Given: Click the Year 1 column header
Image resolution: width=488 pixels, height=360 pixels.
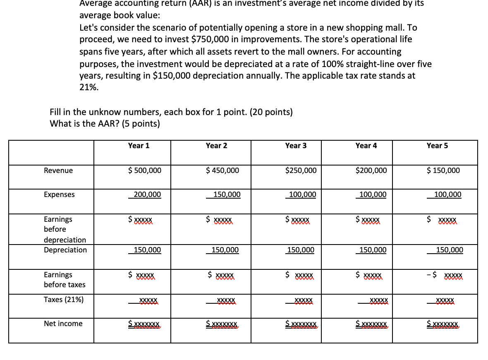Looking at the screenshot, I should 139,146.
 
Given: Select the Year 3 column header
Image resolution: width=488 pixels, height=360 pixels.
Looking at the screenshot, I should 296,146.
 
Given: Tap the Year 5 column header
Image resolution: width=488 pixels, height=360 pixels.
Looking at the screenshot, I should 437,146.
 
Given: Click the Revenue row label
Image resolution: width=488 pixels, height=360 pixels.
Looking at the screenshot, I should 58,170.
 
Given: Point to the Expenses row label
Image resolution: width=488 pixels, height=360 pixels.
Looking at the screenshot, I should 60,194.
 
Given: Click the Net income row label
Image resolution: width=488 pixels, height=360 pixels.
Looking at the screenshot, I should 63,324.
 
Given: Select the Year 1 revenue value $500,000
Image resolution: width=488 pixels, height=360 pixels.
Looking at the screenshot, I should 145,170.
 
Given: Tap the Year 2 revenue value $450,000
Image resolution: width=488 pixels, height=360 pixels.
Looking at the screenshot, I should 222,170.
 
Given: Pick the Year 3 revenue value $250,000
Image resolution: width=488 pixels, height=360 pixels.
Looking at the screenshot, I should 301,170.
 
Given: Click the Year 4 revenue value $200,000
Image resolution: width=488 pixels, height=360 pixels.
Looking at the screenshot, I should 371,170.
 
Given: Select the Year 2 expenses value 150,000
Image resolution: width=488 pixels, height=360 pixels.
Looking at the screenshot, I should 227,194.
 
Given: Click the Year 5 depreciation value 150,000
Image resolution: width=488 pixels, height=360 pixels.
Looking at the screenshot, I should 450,250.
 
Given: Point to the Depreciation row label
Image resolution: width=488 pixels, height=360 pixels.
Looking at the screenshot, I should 65,250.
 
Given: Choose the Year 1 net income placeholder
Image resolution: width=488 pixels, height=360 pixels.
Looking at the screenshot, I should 144,324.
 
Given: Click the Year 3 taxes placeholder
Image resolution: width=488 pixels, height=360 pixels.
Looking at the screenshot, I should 303,300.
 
